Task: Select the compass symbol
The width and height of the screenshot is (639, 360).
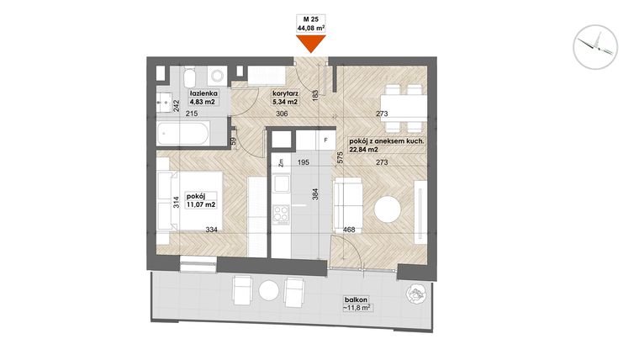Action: click(594, 45)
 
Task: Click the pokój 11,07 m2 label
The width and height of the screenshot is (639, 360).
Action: click(200, 199)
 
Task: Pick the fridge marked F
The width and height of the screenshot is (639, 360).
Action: click(323, 140)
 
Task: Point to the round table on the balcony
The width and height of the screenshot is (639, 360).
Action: click(269, 291)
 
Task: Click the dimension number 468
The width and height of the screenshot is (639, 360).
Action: click(349, 228)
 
